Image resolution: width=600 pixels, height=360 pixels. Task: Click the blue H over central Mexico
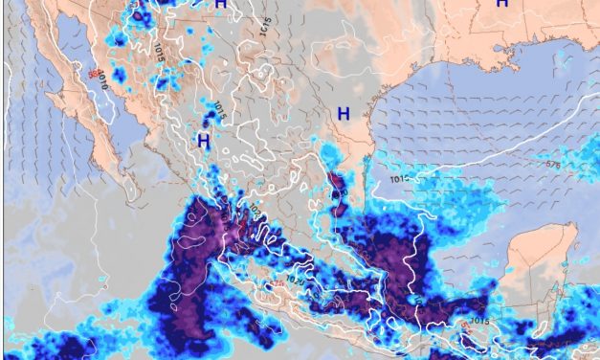point(203,140)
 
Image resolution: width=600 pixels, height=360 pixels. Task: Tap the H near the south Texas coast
point(343,114)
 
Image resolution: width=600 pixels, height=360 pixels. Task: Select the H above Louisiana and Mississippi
point(501,5)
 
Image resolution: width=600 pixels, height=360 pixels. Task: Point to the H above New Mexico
point(221,5)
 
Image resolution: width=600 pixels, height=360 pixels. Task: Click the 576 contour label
point(552,165)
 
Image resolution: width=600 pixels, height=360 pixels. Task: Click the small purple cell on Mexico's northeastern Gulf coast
point(336,181)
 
